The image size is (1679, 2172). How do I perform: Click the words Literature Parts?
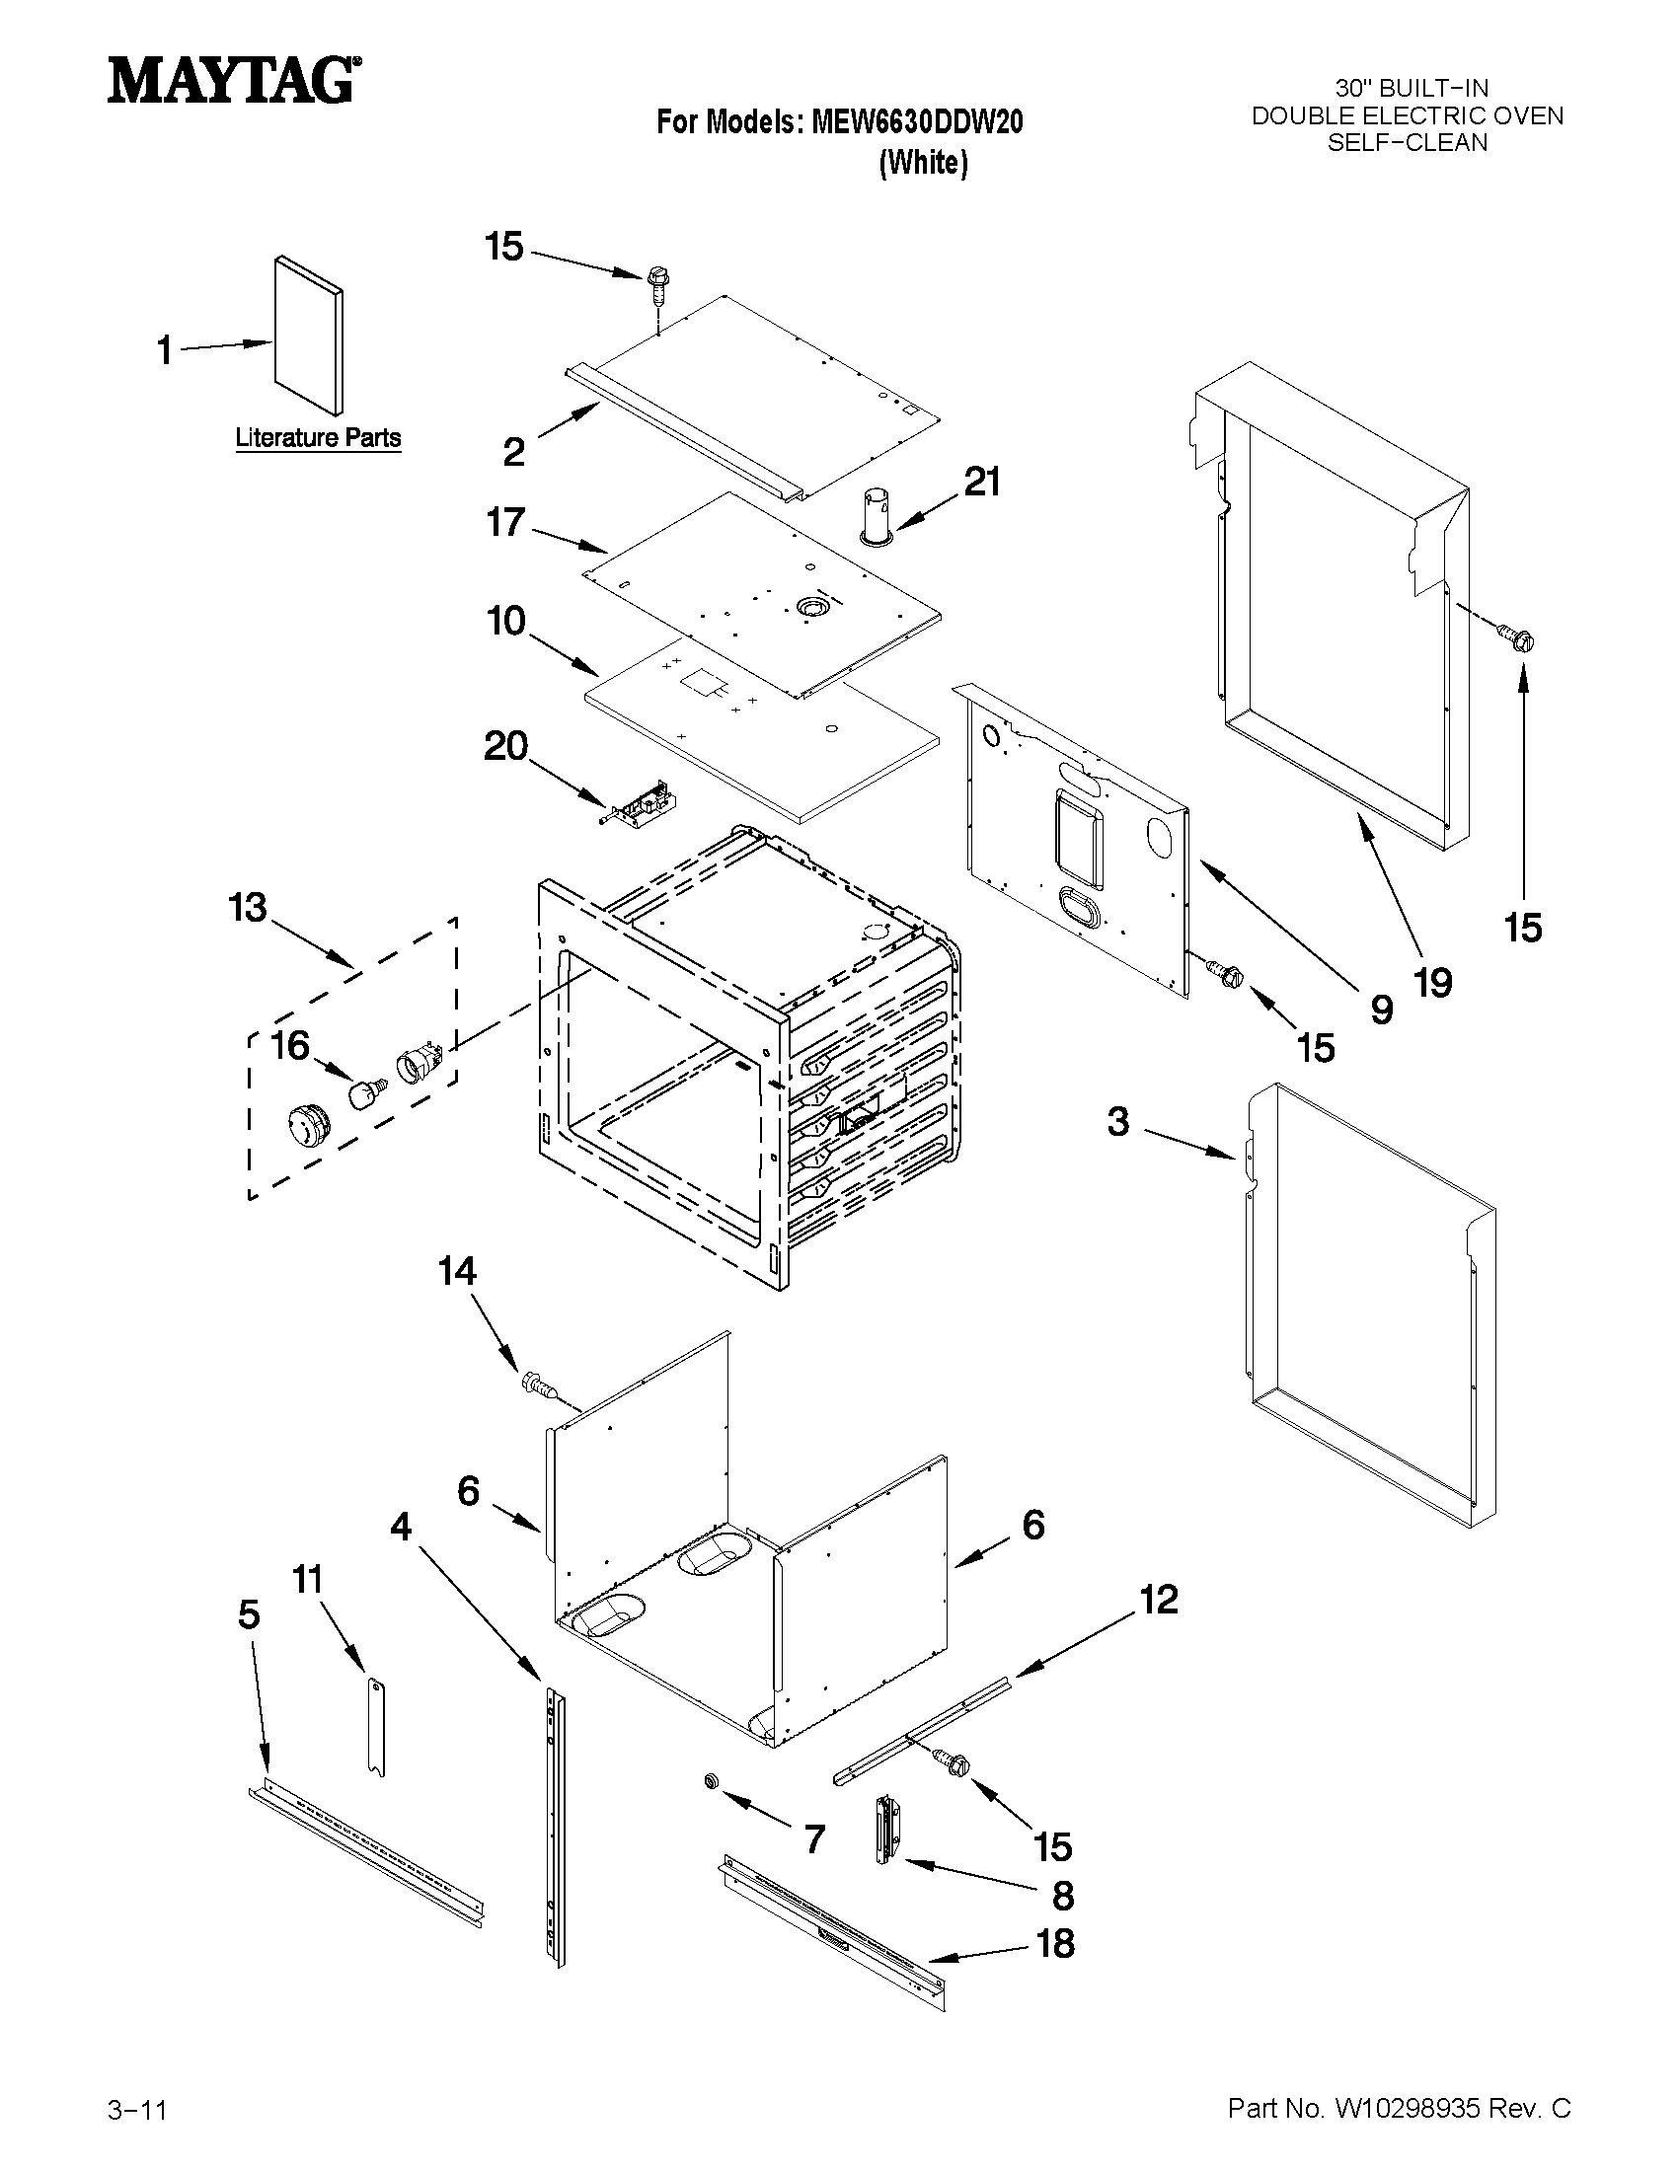[x=318, y=437]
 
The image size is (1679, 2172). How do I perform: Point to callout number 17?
[x=505, y=522]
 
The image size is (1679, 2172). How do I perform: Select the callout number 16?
[x=291, y=1045]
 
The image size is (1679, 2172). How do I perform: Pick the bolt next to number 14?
[x=537, y=1384]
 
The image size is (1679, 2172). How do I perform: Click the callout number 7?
[x=814, y=1839]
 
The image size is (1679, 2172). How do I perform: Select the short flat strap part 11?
[x=376, y=1728]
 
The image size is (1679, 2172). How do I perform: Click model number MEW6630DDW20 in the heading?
[x=917, y=122]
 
